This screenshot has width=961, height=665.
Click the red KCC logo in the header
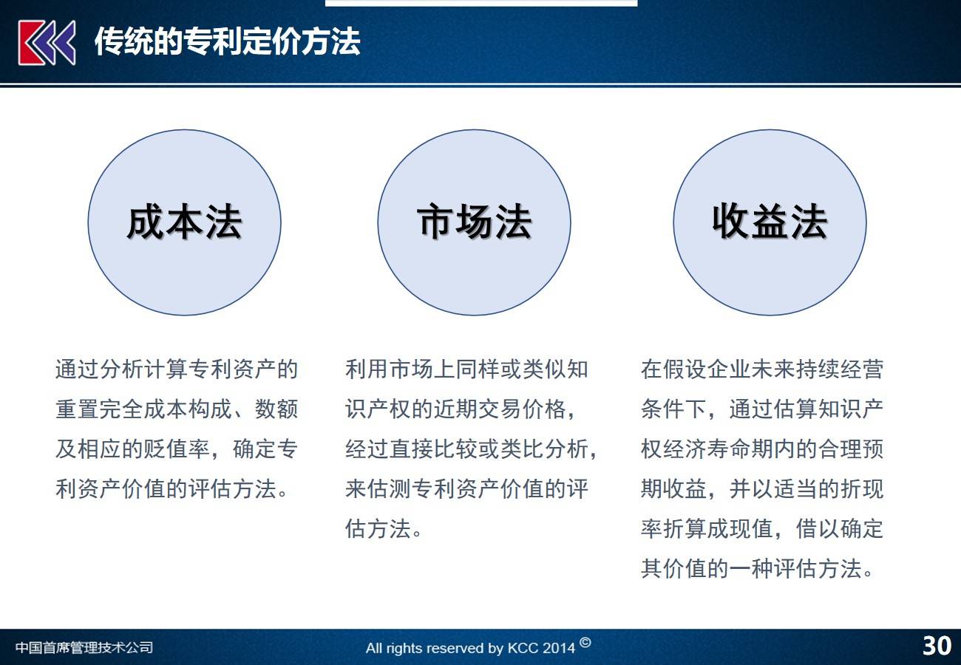tap(47, 42)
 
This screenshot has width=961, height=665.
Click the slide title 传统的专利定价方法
tap(228, 41)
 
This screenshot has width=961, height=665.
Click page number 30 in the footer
tap(937, 646)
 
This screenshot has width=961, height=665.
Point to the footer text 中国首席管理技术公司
tap(84, 647)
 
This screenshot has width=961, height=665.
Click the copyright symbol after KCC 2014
tap(585, 643)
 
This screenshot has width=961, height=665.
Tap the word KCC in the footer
tap(523, 648)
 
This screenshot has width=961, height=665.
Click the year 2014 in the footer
tap(557, 648)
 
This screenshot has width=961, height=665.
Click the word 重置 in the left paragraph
tap(77, 409)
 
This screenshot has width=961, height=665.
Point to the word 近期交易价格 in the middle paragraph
tap(500, 409)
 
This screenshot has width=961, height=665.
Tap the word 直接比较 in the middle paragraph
tap(433, 449)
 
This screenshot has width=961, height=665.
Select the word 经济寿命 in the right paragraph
tap(707, 449)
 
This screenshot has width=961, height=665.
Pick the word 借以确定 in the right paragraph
tap(840, 528)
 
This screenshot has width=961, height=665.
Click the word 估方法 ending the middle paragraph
tap(378, 528)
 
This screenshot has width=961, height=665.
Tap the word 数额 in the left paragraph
tap(276, 409)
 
